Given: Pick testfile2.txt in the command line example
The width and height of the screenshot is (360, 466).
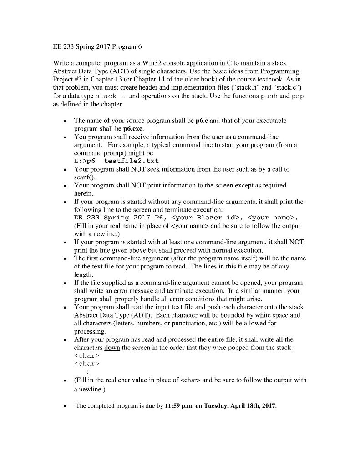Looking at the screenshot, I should pos(132,161).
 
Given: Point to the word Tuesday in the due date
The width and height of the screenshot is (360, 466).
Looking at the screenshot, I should pos(232,405).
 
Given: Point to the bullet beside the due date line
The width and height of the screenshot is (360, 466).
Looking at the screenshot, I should pos(67,405).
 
